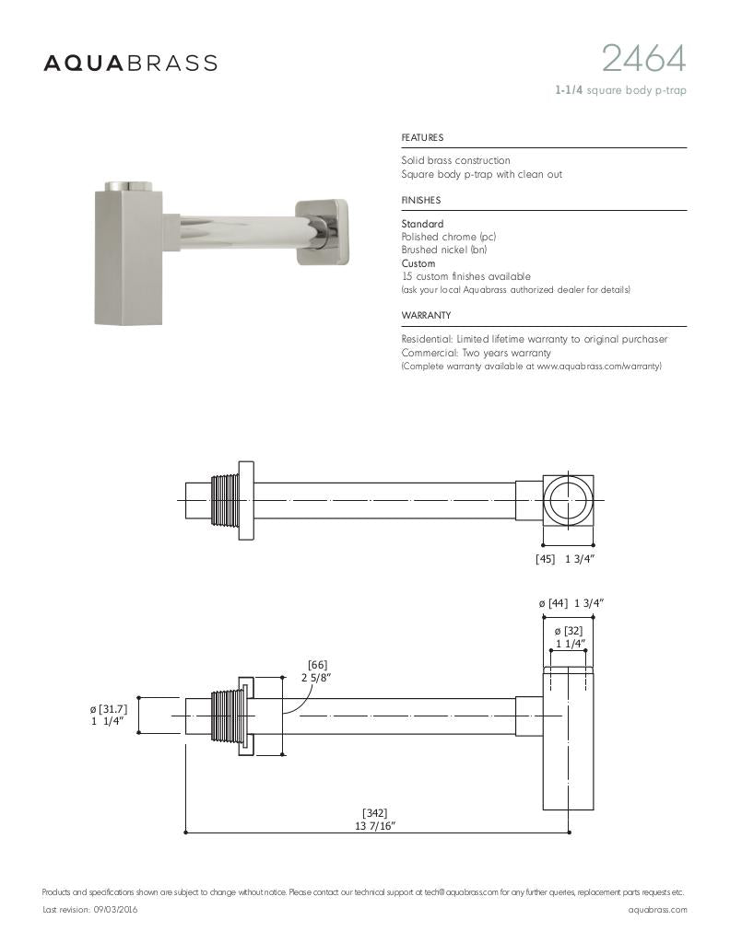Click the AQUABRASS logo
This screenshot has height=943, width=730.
point(131,63)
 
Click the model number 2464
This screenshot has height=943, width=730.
point(643,59)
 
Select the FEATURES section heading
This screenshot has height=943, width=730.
point(422,138)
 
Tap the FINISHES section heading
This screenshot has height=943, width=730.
point(421,201)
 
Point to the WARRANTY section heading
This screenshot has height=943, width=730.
point(426,316)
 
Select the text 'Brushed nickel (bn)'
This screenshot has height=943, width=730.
point(444,250)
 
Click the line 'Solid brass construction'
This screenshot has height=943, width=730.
point(455,161)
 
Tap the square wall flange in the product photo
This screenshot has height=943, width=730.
point(323,232)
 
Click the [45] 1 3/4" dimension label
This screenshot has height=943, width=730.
point(566,559)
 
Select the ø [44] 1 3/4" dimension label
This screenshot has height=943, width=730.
point(571,603)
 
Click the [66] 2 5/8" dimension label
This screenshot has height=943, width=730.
point(317,671)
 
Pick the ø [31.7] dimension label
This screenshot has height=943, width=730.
point(108,715)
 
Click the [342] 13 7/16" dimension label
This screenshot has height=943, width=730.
point(375,819)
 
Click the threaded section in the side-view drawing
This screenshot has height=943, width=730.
point(224,714)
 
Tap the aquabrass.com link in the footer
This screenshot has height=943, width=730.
point(657,909)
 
